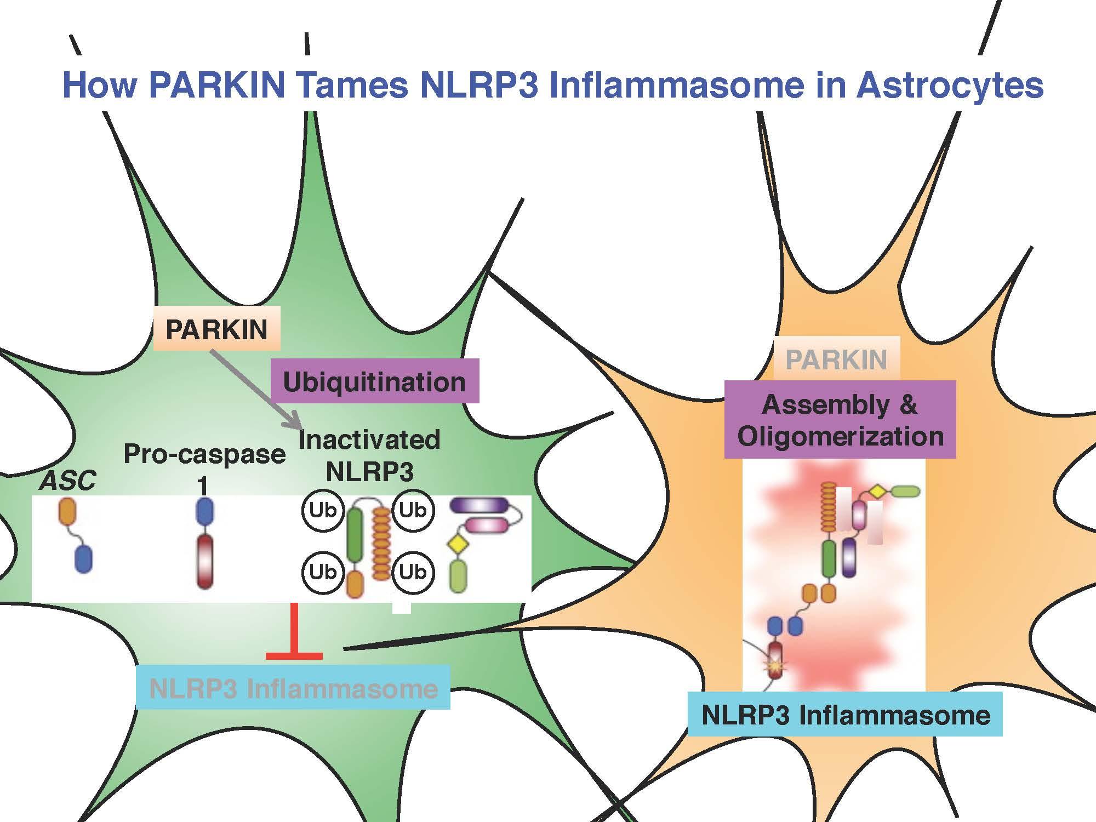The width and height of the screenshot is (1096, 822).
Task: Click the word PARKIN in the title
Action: (216, 85)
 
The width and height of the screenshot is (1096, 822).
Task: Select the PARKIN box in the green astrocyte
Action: (216, 329)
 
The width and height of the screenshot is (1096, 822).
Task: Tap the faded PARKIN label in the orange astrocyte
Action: (836, 359)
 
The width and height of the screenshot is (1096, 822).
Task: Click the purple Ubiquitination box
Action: (375, 381)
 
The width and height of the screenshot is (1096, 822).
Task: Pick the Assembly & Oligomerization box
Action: (840, 420)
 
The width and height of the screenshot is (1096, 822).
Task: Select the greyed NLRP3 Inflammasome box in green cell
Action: (293, 688)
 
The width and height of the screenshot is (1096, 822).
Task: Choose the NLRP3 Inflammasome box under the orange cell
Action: (846, 714)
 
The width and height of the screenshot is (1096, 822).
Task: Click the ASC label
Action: (68, 481)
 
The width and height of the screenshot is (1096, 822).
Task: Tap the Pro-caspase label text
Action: (204, 454)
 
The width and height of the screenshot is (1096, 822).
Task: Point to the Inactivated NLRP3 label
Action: (369, 455)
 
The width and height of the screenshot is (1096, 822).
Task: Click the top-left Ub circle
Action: (322, 511)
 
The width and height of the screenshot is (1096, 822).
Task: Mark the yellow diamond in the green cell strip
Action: (456, 544)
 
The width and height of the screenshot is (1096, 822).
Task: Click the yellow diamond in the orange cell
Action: (875, 491)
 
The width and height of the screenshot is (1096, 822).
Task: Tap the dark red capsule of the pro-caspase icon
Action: (204, 562)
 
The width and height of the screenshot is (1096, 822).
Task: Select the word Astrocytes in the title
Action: (949, 85)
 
